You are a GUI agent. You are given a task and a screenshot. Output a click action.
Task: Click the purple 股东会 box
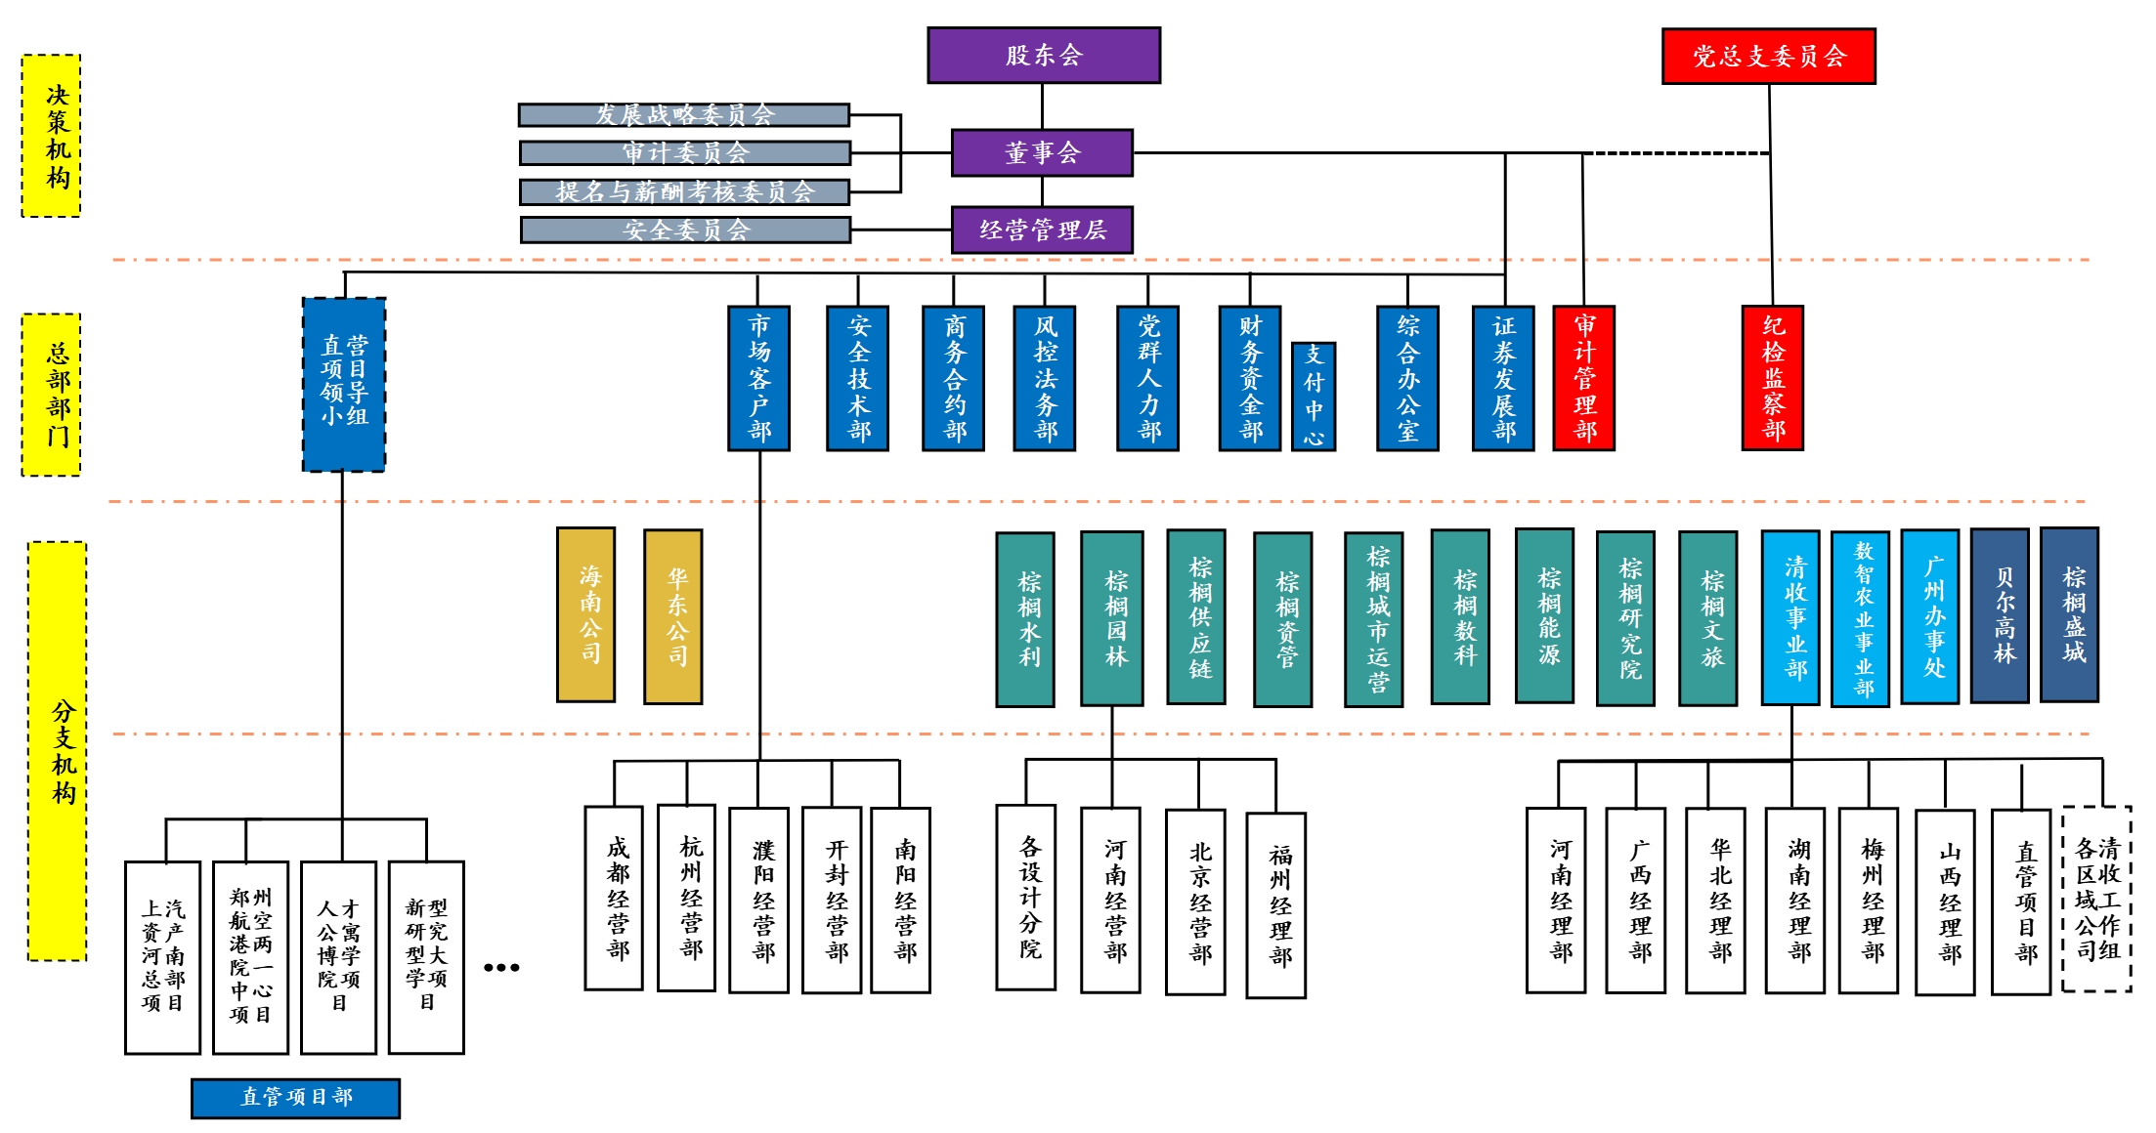[1044, 56]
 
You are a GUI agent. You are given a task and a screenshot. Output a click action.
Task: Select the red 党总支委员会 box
[1769, 57]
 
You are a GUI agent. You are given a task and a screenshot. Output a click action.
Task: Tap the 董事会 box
[1042, 152]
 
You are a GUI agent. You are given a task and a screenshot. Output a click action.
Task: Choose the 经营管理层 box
[1042, 230]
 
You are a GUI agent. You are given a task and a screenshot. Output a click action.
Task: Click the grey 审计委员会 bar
[685, 153]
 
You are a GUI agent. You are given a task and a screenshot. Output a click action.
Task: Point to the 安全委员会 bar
[686, 230]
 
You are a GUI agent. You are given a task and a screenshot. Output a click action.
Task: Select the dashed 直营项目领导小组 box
[344, 385]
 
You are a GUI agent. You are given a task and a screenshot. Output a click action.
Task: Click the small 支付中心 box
[1314, 396]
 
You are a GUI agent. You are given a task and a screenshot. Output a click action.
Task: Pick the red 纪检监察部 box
[1773, 378]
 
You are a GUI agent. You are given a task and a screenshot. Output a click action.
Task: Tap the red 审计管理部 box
[1584, 378]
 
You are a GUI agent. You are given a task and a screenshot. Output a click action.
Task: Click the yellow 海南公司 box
[586, 615]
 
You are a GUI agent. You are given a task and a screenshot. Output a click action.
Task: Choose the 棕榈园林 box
[1112, 618]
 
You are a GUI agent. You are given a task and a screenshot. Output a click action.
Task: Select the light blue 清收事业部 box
[1790, 618]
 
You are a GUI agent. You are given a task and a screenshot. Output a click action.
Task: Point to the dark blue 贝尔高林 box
[2000, 615]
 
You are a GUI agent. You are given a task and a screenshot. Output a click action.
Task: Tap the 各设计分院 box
[1026, 898]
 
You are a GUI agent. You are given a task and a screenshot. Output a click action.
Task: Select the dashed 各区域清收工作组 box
[2097, 899]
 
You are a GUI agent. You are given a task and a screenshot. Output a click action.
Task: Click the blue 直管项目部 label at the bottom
[296, 1098]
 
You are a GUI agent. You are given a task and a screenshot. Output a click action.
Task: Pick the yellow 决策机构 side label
[52, 136]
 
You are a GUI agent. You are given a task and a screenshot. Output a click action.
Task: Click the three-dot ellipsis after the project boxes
[501, 968]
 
